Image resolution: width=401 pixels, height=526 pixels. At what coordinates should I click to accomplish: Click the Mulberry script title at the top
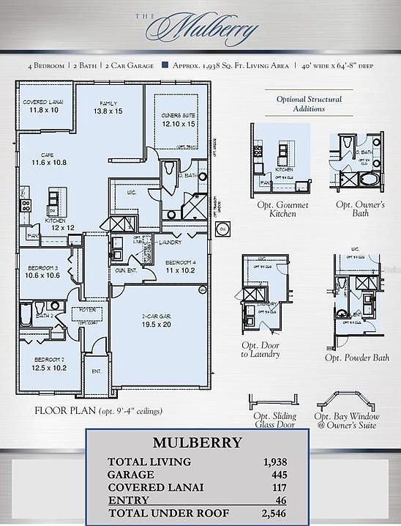tap(203, 29)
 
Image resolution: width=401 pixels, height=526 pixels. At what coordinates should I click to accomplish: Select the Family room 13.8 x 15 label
tap(108, 107)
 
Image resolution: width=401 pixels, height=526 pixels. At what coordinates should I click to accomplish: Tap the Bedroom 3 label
tap(43, 272)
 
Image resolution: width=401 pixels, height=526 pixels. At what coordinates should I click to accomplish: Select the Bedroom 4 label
tap(179, 266)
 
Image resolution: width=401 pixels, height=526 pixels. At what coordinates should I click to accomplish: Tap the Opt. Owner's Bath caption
tap(360, 210)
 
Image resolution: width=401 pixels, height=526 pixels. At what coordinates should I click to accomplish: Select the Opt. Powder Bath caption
tap(357, 358)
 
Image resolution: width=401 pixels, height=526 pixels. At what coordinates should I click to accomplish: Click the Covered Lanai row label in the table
tap(155, 487)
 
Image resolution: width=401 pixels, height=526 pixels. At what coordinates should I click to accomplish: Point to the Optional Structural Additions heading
tap(310, 103)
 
